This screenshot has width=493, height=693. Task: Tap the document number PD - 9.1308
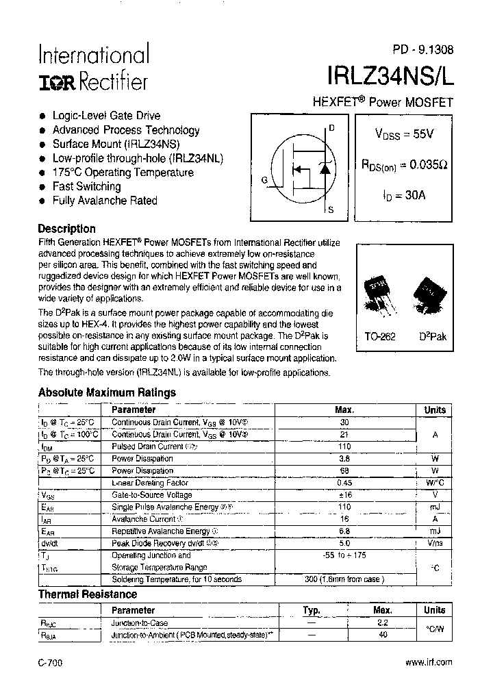point(422,49)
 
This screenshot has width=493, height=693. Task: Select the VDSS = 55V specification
point(403,134)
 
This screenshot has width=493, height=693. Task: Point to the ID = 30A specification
point(403,195)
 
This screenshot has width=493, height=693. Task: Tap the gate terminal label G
point(264,180)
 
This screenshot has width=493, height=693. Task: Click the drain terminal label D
point(331,128)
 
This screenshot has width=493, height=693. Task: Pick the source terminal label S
point(331,210)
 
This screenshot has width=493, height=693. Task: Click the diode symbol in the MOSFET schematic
point(326,168)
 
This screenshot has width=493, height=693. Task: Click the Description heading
point(66,229)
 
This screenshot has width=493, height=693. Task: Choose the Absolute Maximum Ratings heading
point(107,392)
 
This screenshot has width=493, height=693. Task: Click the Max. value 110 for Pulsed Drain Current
point(344,446)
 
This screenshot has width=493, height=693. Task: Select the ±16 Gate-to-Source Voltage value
point(344,494)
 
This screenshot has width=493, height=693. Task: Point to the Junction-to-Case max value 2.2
point(382,623)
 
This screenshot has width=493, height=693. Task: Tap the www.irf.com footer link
point(429,662)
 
